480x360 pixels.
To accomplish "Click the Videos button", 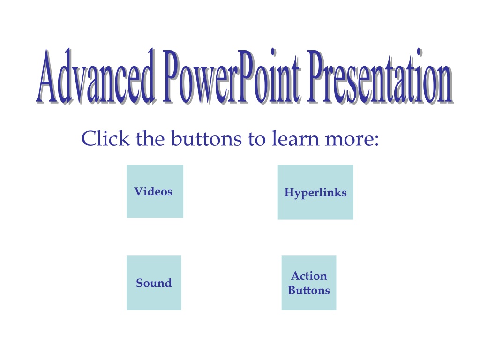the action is coord(155,191).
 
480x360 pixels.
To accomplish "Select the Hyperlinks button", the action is coord(315,192).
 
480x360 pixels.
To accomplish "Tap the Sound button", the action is coord(154,283).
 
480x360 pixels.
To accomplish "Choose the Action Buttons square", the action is coord(309,283).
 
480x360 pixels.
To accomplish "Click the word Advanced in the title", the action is coord(96,76).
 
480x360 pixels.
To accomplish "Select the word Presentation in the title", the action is coord(381,76).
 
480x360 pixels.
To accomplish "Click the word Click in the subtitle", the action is coord(105,138).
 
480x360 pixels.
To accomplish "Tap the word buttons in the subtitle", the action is coord(206,138).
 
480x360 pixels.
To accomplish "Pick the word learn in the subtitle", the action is coord(295,138).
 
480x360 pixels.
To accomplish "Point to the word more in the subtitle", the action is coord(348,140).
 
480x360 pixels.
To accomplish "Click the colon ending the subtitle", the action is coord(376,141).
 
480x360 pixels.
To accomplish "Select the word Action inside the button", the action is coord(309,276).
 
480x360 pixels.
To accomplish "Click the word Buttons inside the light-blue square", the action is coord(309,290).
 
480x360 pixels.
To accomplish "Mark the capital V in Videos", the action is coord(139,191).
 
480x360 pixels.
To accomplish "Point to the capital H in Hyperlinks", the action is coord(290,192).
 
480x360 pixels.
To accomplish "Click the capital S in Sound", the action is coord(140,283).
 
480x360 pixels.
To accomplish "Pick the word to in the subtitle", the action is coord(256,139).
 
